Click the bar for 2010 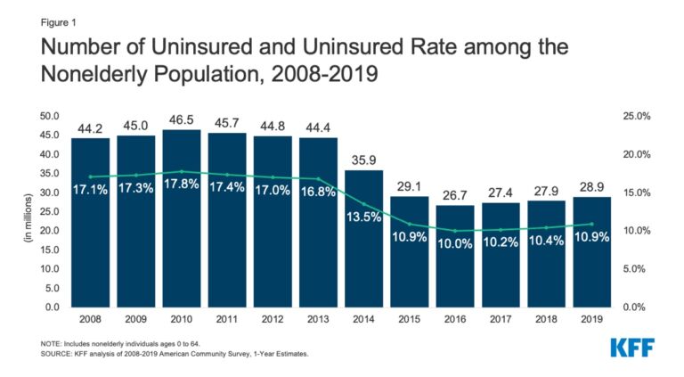[x=181, y=232]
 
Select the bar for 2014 [x=362, y=250]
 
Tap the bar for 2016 [x=454, y=263]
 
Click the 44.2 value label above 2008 [x=90, y=128]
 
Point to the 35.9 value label [x=362, y=160]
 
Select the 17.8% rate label [x=181, y=187]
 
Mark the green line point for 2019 [x=590, y=224]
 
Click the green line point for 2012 [x=272, y=177]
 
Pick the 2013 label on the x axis [x=317, y=317]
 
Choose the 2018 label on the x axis [x=545, y=317]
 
